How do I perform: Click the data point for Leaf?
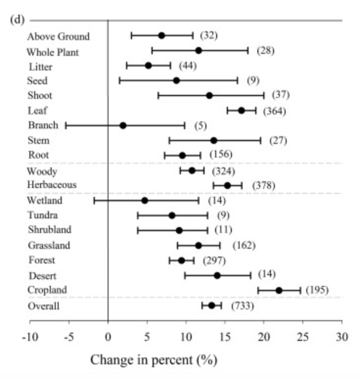click(241, 110)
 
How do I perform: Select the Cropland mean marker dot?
click(279, 290)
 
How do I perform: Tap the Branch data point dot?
click(123, 125)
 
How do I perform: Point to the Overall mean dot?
click(211, 306)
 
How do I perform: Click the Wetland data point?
click(144, 200)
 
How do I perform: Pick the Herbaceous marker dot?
click(227, 186)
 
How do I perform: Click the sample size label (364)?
click(274, 111)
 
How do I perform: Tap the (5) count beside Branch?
click(200, 125)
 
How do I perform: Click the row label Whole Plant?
click(52, 51)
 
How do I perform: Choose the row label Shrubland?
click(49, 230)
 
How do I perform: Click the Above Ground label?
click(58, 36)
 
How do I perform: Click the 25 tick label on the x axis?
click(303, 337)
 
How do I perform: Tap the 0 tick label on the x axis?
click(108, 337)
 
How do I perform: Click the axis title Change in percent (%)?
click(154, 361)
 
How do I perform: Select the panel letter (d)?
click(18, 21)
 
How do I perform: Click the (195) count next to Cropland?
click(316, 290)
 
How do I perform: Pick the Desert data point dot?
click(217, 275)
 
